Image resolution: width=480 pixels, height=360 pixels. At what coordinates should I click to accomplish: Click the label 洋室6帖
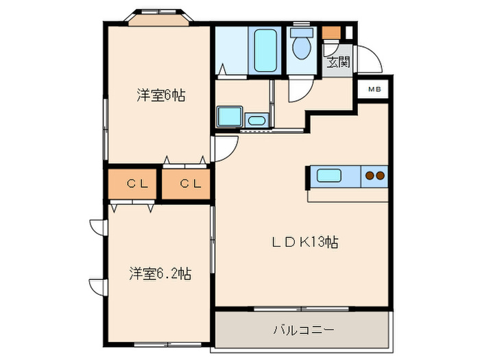(160, 95)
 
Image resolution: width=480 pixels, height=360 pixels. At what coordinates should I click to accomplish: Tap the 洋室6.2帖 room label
(159, 274)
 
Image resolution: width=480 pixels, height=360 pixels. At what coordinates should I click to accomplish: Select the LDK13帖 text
(305, 242)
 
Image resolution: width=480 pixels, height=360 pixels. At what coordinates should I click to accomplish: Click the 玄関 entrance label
(337, 62)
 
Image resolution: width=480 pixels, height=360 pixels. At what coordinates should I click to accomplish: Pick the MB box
(374, 89)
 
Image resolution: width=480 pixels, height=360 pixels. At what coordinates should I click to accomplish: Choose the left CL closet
(133, 183)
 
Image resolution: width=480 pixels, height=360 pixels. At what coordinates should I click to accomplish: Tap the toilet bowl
(301, 49)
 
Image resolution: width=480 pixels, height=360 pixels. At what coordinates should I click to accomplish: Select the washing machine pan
(230, 117)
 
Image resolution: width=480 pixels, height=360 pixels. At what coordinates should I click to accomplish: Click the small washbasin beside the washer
(256, 121)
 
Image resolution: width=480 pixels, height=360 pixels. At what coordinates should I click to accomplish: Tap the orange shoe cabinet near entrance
(331, 32)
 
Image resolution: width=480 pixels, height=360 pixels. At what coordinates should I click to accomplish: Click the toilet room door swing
(300, 89)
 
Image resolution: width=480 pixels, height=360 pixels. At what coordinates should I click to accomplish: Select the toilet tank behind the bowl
(300, 32)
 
